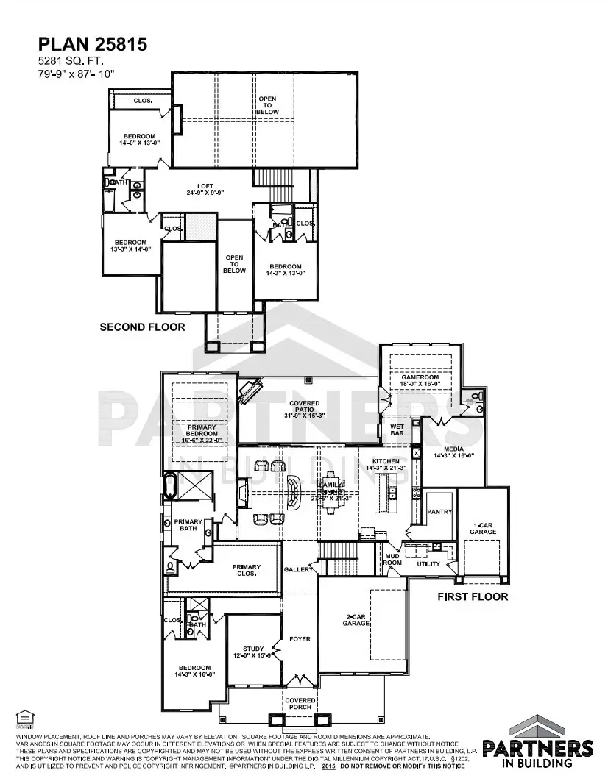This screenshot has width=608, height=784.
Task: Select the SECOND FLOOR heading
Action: tap(142, 327)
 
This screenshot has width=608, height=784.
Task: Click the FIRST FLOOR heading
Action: tap(473, 596)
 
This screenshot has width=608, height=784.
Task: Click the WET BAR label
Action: tap(397, 430)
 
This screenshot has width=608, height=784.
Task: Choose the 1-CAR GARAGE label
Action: tap(483, 528)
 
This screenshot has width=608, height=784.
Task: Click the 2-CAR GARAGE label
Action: tap(356, 619)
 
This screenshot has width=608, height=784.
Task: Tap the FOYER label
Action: tap(300, 639)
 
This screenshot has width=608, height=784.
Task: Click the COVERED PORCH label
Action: tap(300, 705)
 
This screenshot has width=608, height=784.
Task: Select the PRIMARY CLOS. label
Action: tap(246, 570)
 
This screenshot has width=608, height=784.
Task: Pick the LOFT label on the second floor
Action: tap(205, 189)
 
